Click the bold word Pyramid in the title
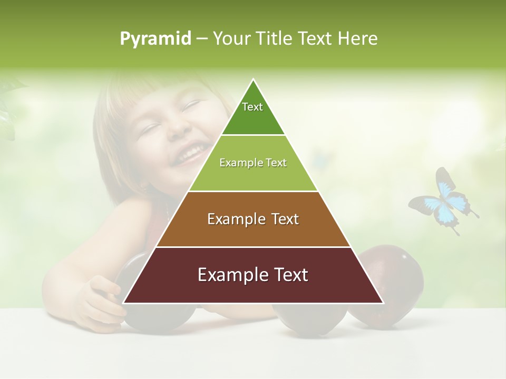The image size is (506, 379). tap(155, 38)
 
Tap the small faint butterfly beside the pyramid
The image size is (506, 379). tap(319, 158)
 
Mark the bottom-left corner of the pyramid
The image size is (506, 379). tap(124, 303)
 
